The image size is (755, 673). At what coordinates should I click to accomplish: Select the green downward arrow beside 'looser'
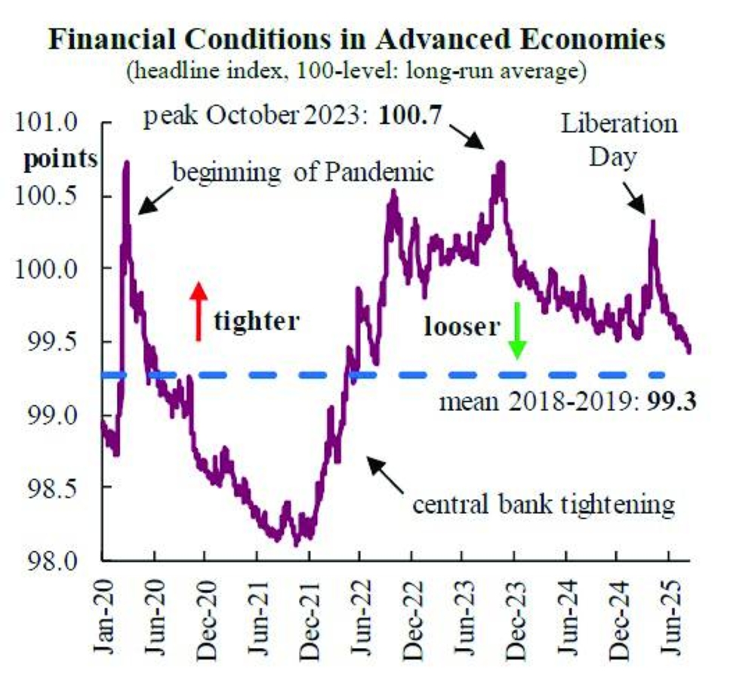(x=517, y=329)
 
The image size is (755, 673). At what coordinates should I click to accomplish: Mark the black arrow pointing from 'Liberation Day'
(x=634, y=200)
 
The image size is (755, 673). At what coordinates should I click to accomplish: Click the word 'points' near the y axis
(x=61, y=159)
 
